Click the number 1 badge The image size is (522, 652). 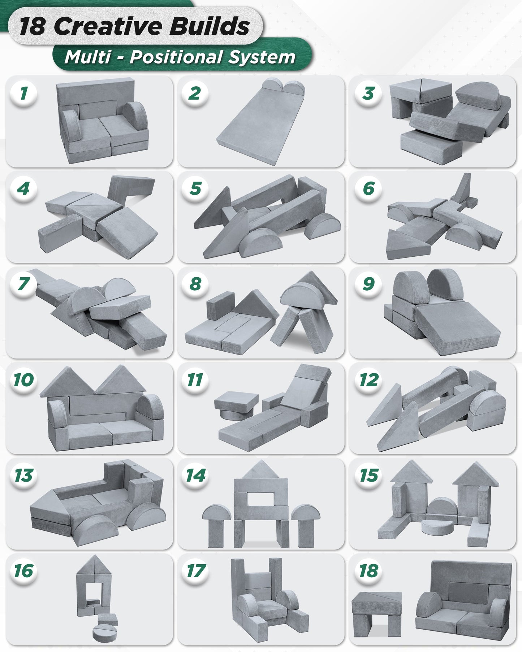[x=23, y=93]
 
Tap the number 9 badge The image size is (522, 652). [x=368, y=284]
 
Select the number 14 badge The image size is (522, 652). [x=195, y=475]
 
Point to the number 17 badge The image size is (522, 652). [x=195, y=571]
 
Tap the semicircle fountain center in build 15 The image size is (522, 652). [x=438, y=508]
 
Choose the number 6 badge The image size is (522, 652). [x=368, y=188]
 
